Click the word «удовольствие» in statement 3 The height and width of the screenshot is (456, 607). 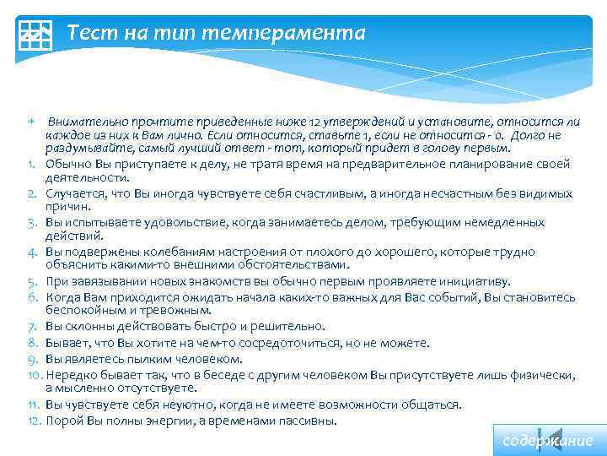[142, 223]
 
